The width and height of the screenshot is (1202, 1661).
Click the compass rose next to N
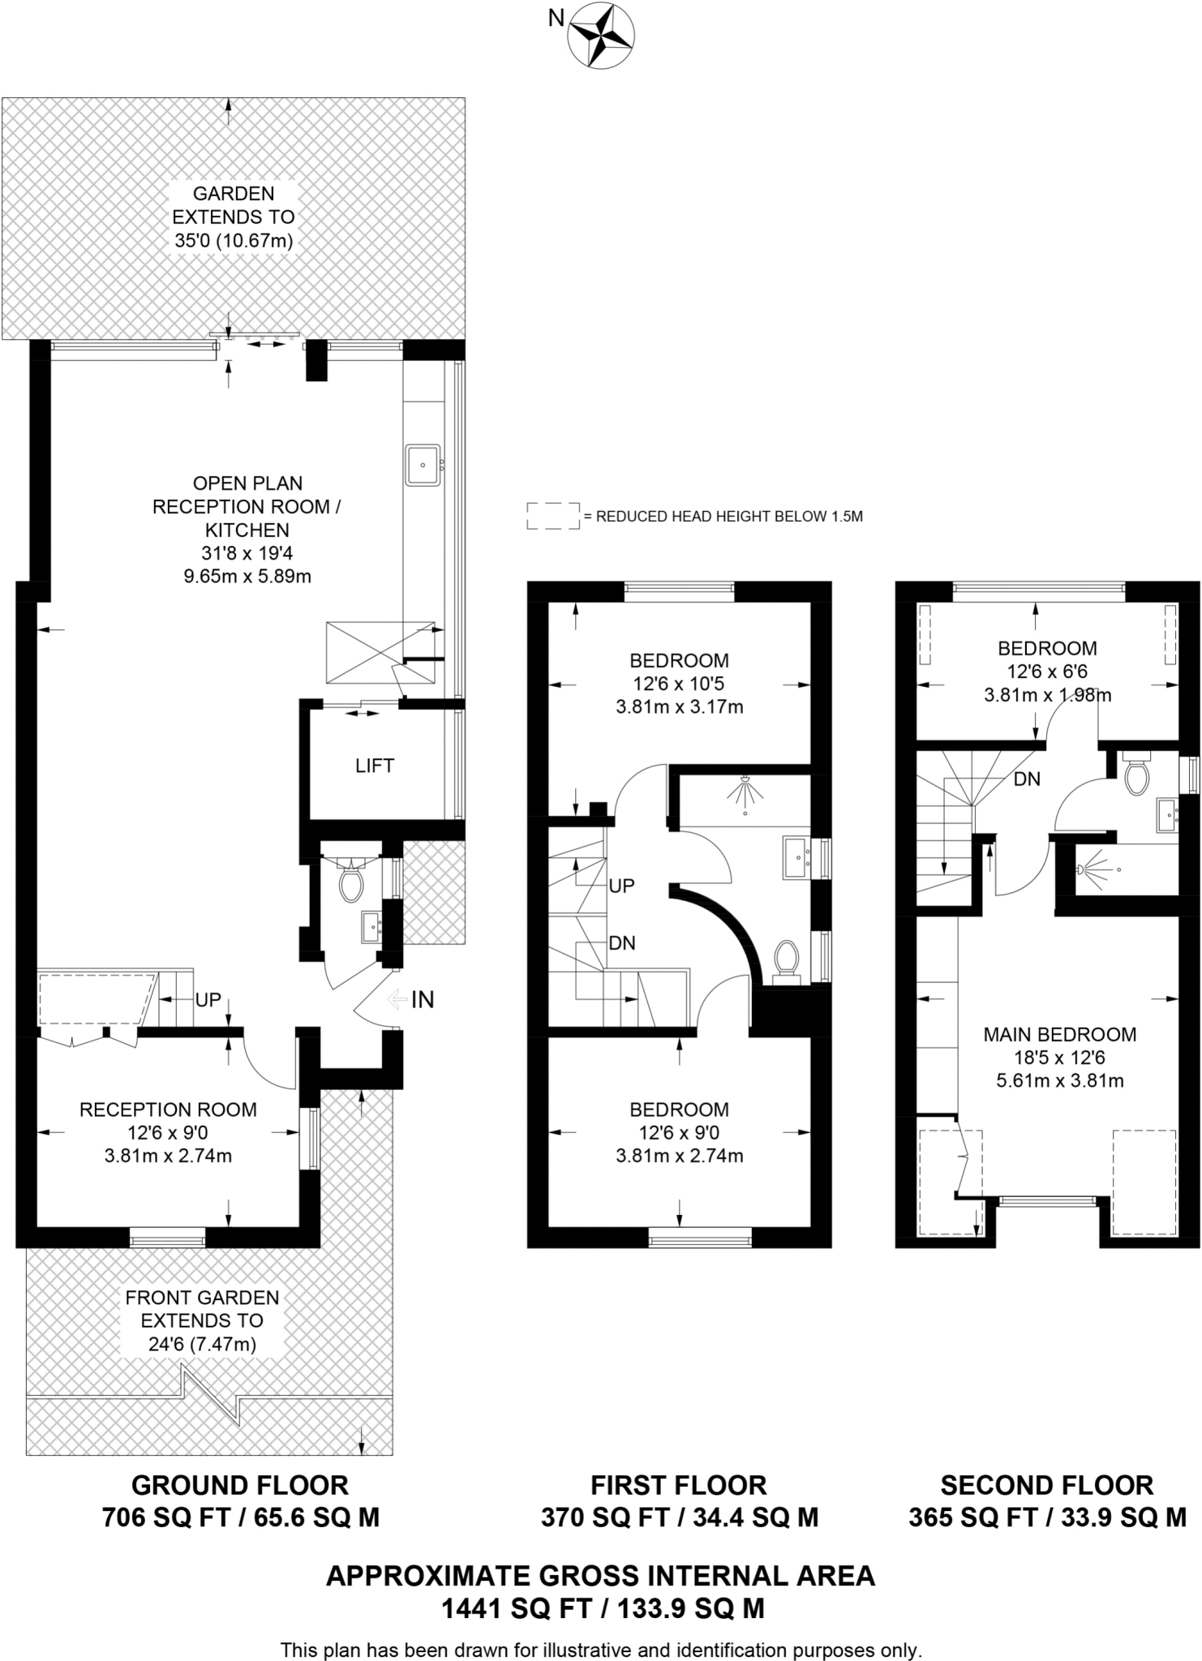pyautogui.click(x=602, y=33)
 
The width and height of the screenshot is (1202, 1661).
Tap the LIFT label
pyautogui.click(x=374, y=766)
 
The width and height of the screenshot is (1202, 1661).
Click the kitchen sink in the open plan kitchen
pyautogui.click(x=423, y=465)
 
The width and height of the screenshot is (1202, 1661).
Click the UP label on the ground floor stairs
pyautogui.click(x=208, y=1000)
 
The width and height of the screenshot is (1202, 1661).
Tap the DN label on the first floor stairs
pyautogui.click(x=622, y=943)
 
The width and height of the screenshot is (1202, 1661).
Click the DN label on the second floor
pyautogui.click(x=1027, y=779)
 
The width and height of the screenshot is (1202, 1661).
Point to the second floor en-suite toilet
pyautogui.click(x=1137, y=777)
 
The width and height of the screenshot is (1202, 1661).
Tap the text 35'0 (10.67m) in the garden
pyautogui.click(x=233, y=241)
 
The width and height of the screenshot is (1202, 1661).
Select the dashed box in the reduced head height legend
pyautogui.click(x=553, y=516)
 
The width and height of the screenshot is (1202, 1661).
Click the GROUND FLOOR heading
pyautogui.click(x=240, y=1485)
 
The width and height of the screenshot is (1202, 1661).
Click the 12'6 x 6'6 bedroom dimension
pyautogui.click(x=1046, y=672)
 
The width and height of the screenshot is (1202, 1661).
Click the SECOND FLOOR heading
pyautogui.click(x=1046, y=1485)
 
